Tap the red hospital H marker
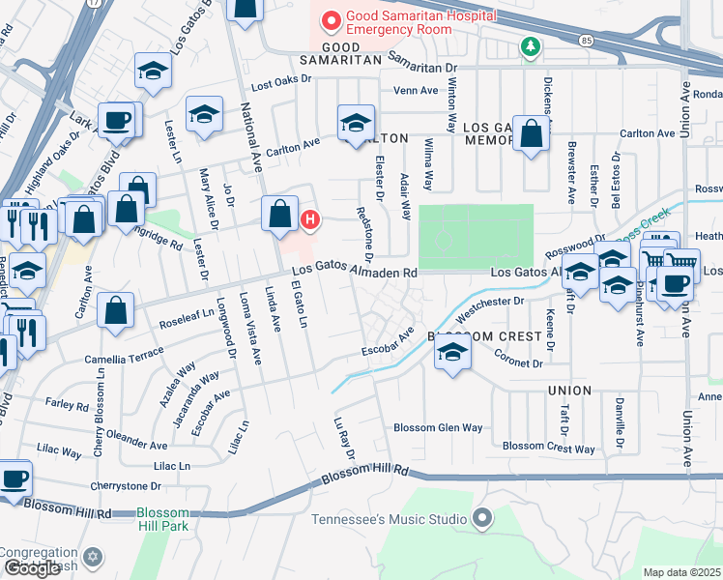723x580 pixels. pyautogui.click(x=310, y=220)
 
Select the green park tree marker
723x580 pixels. pyautogui.click(x=529, y=45)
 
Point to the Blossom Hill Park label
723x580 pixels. pyautogui.click(x=162, y=519)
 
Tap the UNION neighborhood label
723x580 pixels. pyautogui.click(x=568, y=391)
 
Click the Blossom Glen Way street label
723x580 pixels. pyautogui.click(x=438, y=428)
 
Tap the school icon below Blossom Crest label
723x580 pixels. pyautogui.click(x=451, y=354)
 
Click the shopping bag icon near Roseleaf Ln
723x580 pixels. pyautogui.click(x=116, y=311)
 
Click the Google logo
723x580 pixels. pyautogui.click(x=31, y=568)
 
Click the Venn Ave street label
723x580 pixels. pyautogui.click(x=417, y=91)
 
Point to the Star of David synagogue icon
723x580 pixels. pyautogui.click(x=93, y=557)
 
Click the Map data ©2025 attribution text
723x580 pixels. pyautogui.click(x=681, y=572)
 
